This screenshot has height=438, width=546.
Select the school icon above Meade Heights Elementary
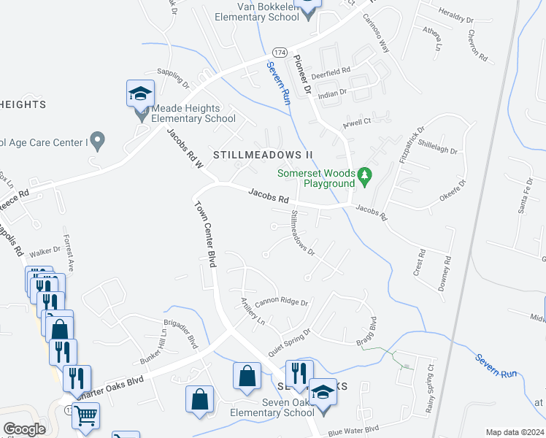(x=140, y=93)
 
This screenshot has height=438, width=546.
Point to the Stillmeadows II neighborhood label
(x=263, y=155)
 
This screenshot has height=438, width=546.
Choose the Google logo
(x=25, y=429)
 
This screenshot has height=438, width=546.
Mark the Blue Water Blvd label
(x=354, y=429)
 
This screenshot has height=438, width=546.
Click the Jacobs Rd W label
(x=184, y=150)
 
